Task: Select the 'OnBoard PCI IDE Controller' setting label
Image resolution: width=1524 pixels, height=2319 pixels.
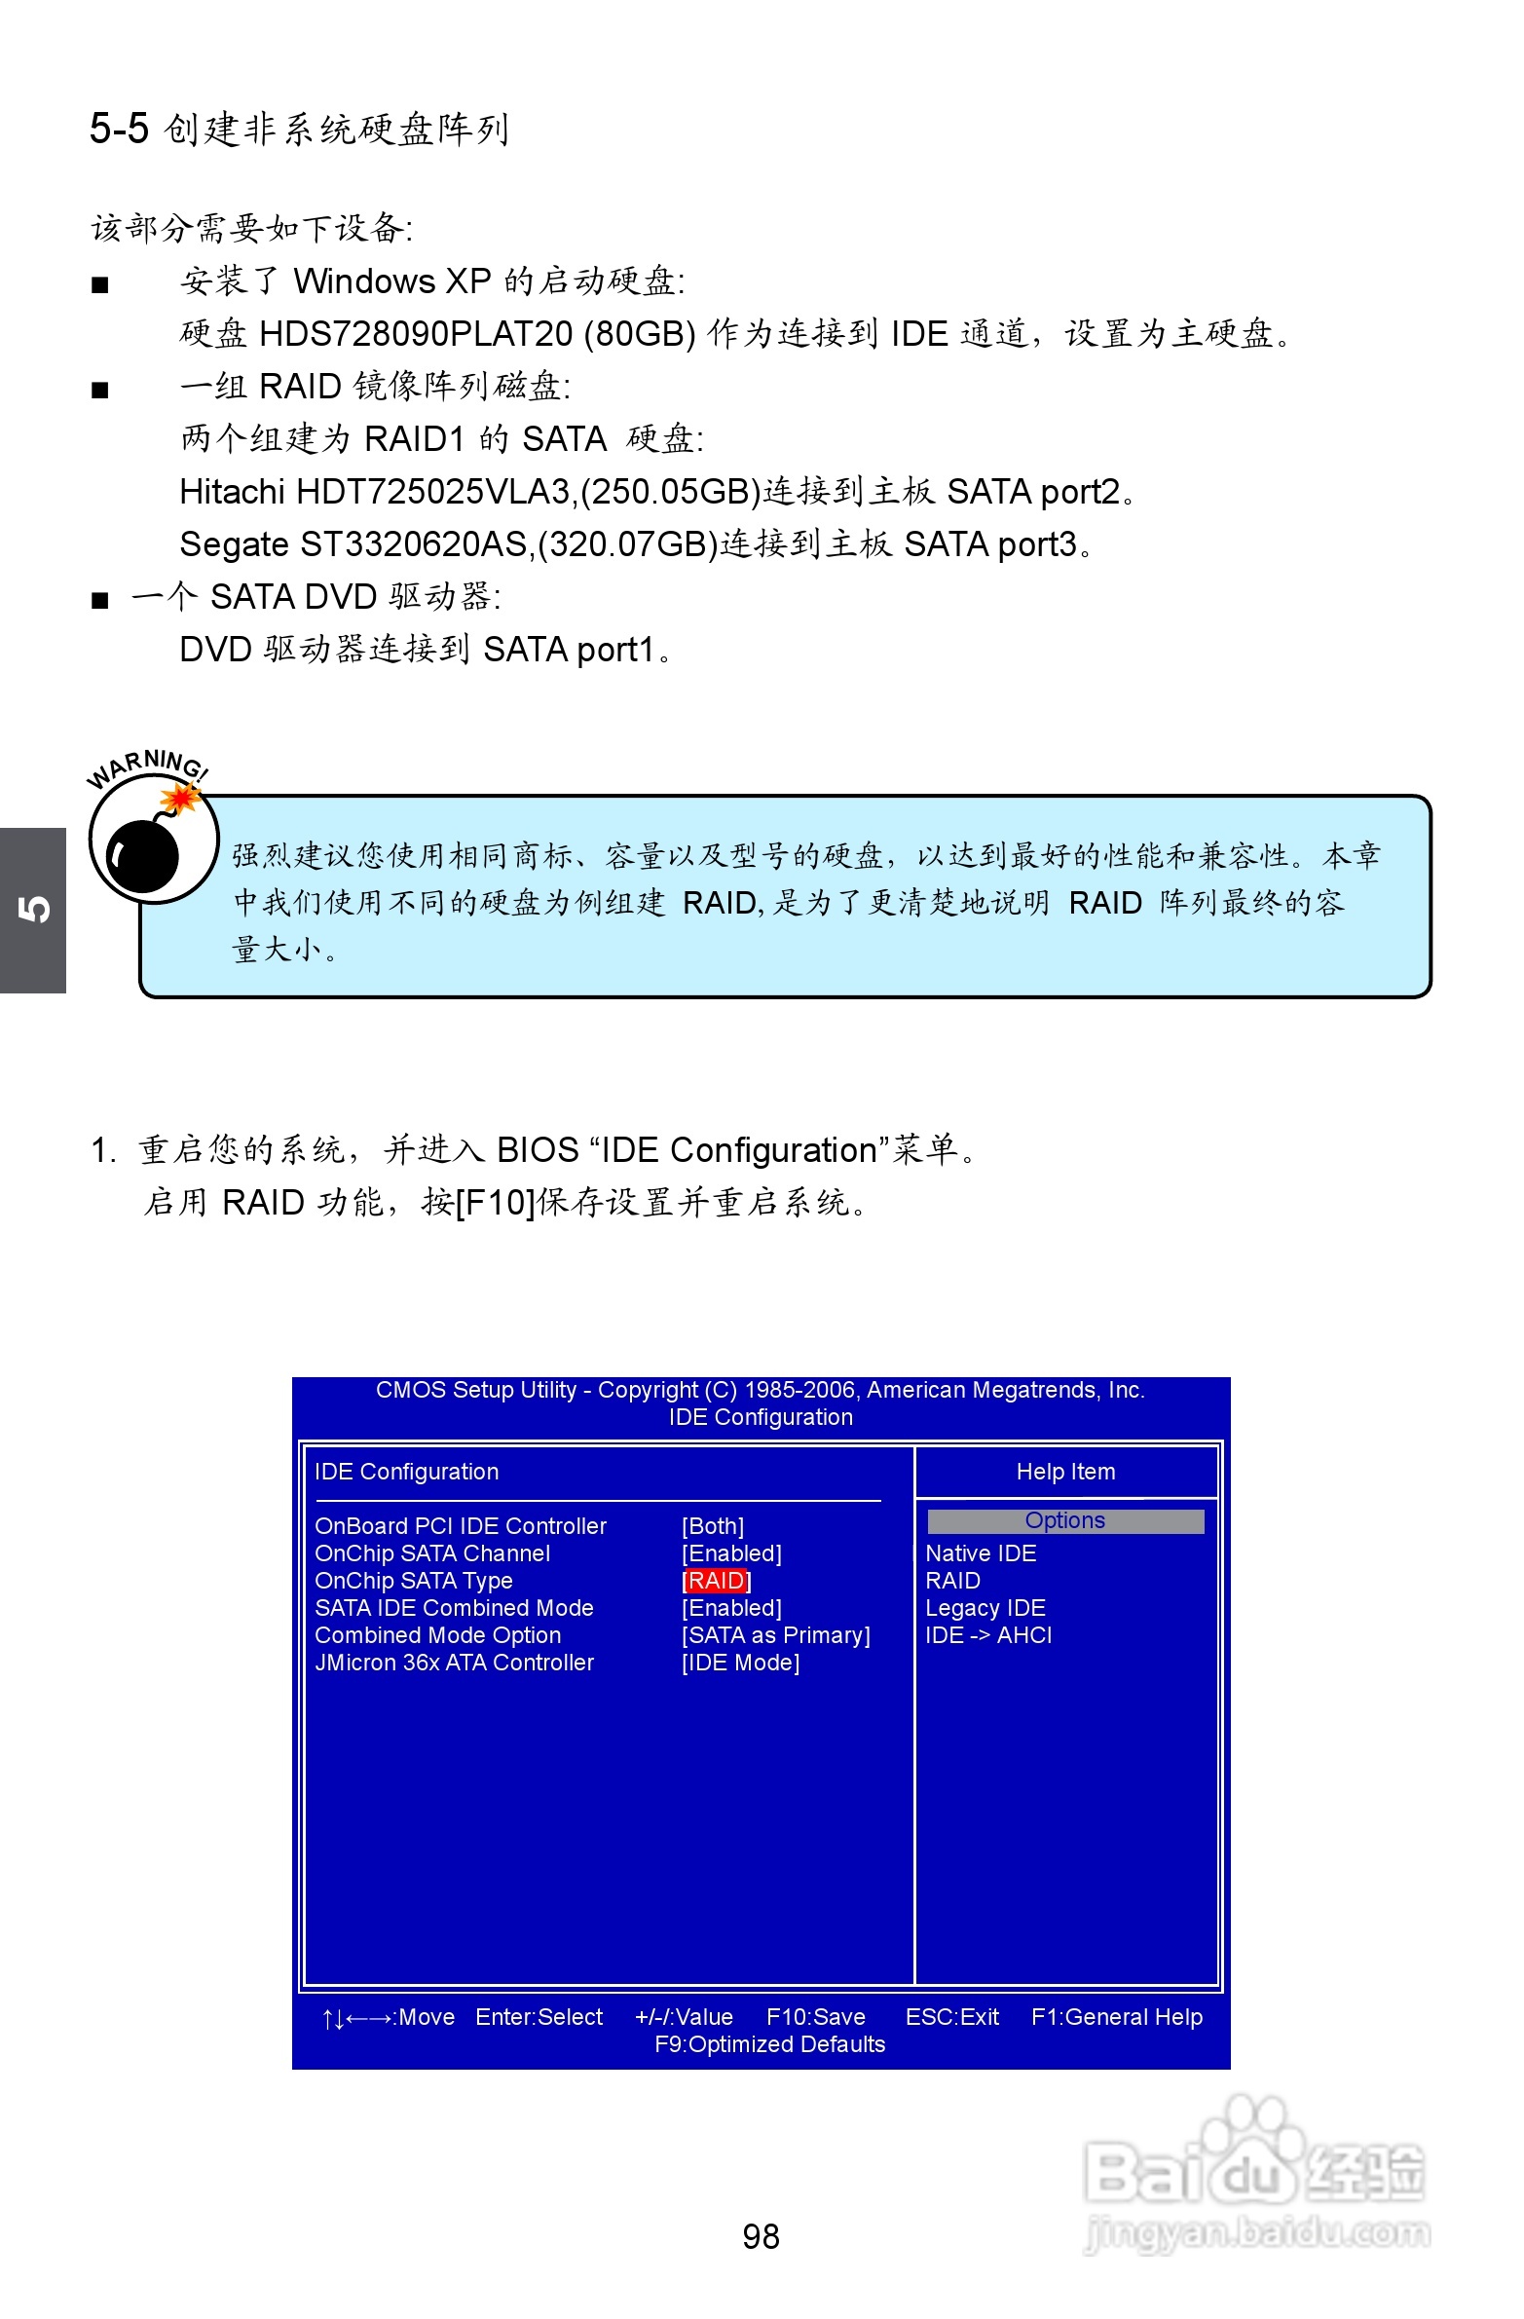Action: pyautogui.click(x=460, y=1526)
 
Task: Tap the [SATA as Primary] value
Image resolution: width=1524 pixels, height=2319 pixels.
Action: pyautogui.click(x=776, y=1635)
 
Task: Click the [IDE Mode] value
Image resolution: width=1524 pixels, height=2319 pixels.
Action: pyautogui.click(x=740, y=1663)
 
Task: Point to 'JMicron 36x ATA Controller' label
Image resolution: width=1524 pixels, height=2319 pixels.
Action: pyautogui.click(x=454, y=1663)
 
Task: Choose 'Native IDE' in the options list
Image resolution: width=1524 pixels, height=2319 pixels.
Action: pyautogui.click(x=981, y=1553)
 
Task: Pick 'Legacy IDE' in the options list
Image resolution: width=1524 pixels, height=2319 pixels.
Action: pyautogui.click(x=985, y=1608)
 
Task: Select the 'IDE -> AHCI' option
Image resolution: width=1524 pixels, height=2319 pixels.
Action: pyautogui.click(x=988, y=1635)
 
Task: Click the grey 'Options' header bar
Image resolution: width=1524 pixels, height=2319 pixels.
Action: pyautogui.click(x=1065, y=1521)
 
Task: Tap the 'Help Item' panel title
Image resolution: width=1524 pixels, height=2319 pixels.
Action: pyautogui.click(x=1065, y=1472)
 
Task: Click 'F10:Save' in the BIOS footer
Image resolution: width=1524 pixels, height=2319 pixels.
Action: pyautogui.click(x=816, y=2017)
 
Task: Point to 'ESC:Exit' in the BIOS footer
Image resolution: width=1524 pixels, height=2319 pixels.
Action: pyautogui.click(x=952, y=2017)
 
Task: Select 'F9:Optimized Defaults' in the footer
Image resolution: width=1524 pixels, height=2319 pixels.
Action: pyautogui.click(x=770, y=2044)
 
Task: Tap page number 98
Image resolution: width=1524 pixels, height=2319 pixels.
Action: pyautogui.click(x=761, y=2236)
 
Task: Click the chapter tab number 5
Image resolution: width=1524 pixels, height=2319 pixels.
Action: pyautogui.click(x=33, y=909)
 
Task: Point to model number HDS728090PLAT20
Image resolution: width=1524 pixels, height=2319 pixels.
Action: pyautogui.click(x=416, y=334)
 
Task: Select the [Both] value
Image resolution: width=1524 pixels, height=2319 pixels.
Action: pyautogui.click(x=712, y=1526)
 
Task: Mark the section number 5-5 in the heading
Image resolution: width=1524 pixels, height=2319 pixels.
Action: pyautogui.click(x=119, y=129)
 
